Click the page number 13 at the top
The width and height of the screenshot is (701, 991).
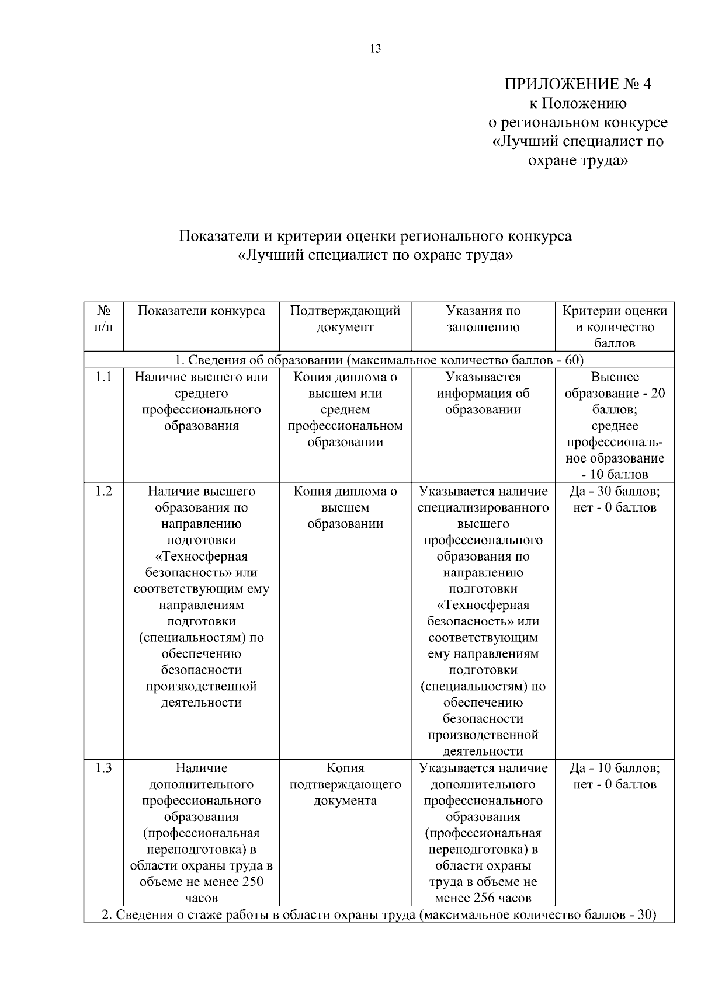pos(375,49)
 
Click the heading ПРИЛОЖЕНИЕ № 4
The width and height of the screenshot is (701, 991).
pos(577,85)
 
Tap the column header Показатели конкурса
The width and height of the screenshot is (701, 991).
pos(201,311)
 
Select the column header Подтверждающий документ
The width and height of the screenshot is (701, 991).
pos(345,319)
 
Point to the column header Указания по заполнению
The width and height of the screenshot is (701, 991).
pos(483,319)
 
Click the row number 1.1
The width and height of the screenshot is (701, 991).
pos(103,377)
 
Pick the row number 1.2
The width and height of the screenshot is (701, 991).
pos(103,492)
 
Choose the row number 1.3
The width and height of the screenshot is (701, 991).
pos(103,769)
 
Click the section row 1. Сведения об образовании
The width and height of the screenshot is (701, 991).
pos(379,360)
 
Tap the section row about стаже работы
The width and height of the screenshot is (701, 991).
pos(379,914)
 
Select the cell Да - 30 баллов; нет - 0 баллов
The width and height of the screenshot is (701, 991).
pos(615,500)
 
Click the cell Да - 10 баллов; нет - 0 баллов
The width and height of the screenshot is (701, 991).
pos(615,776)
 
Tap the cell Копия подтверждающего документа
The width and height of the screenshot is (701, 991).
pos(345,784)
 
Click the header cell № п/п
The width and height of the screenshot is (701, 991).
pos(103,319)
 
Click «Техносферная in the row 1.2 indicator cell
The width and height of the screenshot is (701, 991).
pos(201,557)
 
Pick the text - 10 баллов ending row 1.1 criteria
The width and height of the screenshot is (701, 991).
pos(615,475)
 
